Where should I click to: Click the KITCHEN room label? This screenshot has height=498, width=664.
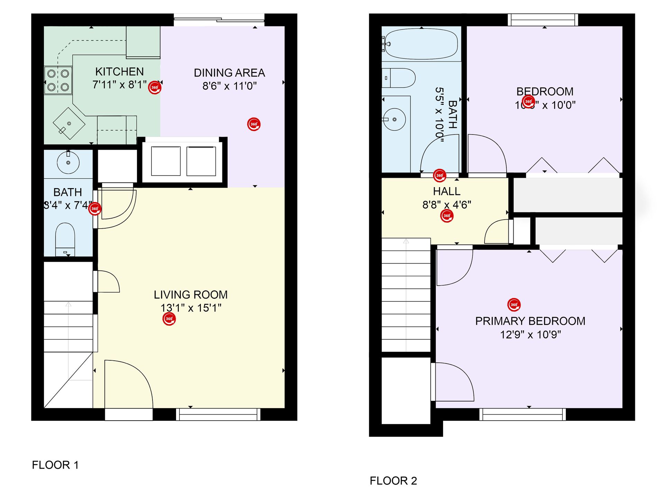click(x=119, y=72)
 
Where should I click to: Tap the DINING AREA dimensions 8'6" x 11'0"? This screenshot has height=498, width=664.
click(x=229, y=86)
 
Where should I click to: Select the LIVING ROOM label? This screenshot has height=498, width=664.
click(x=191, y=295)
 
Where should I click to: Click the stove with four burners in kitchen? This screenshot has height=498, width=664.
click(x=58, y=80)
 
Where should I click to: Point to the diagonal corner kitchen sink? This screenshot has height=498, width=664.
click(x=69, y=123)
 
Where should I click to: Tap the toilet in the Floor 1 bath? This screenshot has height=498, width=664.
click(x=65, y=239)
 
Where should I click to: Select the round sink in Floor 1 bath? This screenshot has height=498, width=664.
click(x=68, y=162)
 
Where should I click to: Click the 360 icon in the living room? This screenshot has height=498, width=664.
click(x=169, y=319)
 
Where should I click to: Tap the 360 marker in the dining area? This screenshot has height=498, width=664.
click(x=254, y=124)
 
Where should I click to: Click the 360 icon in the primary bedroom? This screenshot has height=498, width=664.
click(x=514, y=305)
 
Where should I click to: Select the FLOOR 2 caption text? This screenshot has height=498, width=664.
click(x=393, y=481)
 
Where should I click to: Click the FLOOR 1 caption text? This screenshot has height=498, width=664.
click(x=55, y=465)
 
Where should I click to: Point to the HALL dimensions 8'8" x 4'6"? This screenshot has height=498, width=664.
click(x=446, y=205)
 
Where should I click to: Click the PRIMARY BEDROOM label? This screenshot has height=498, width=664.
click(x=530, y=321)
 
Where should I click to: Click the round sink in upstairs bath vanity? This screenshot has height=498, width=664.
click(x=395, y=119)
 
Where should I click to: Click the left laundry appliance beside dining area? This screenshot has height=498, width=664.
click(x=166, y=161)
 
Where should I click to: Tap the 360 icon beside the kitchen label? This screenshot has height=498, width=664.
click(x=155, y=87)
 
